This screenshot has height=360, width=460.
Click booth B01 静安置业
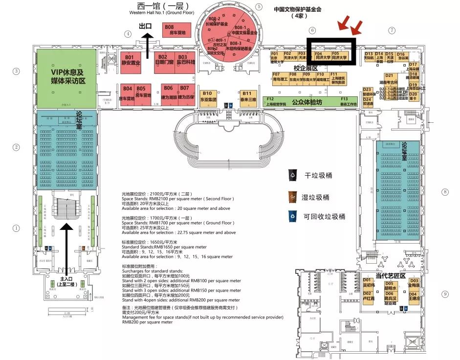point(129,60)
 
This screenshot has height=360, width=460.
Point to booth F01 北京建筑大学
point(276,58)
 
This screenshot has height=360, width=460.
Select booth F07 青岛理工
point(280,78)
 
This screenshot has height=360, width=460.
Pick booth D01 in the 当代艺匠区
point(368,283)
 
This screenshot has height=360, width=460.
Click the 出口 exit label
point(146,26)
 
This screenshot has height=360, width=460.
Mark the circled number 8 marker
point(444,192)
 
